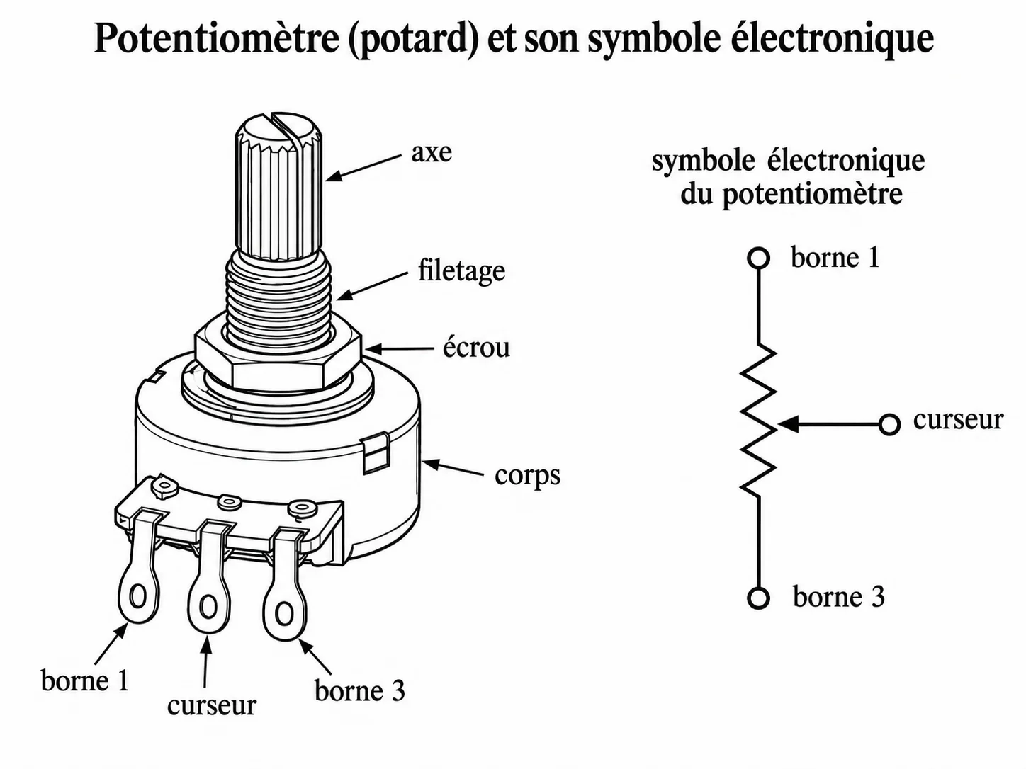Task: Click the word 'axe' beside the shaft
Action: click(432, 153)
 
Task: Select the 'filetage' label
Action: click(461, 271)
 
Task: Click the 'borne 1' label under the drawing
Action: click(84, 680)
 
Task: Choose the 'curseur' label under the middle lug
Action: click(212, 705)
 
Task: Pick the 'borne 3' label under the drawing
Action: click(359, 690)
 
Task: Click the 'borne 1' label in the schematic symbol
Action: click(835, 257)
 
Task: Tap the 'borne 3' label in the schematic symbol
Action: click(839, 597)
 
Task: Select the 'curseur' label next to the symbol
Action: click(958, 420)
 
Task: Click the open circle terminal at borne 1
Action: click(758, 258)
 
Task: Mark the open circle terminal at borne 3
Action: click(758, 598)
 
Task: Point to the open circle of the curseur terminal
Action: click(889, 425)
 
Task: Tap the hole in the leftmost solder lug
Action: click(138, 597)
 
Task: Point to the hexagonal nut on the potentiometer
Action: click(278, 355)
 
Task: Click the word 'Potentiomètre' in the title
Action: click(217, 40)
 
